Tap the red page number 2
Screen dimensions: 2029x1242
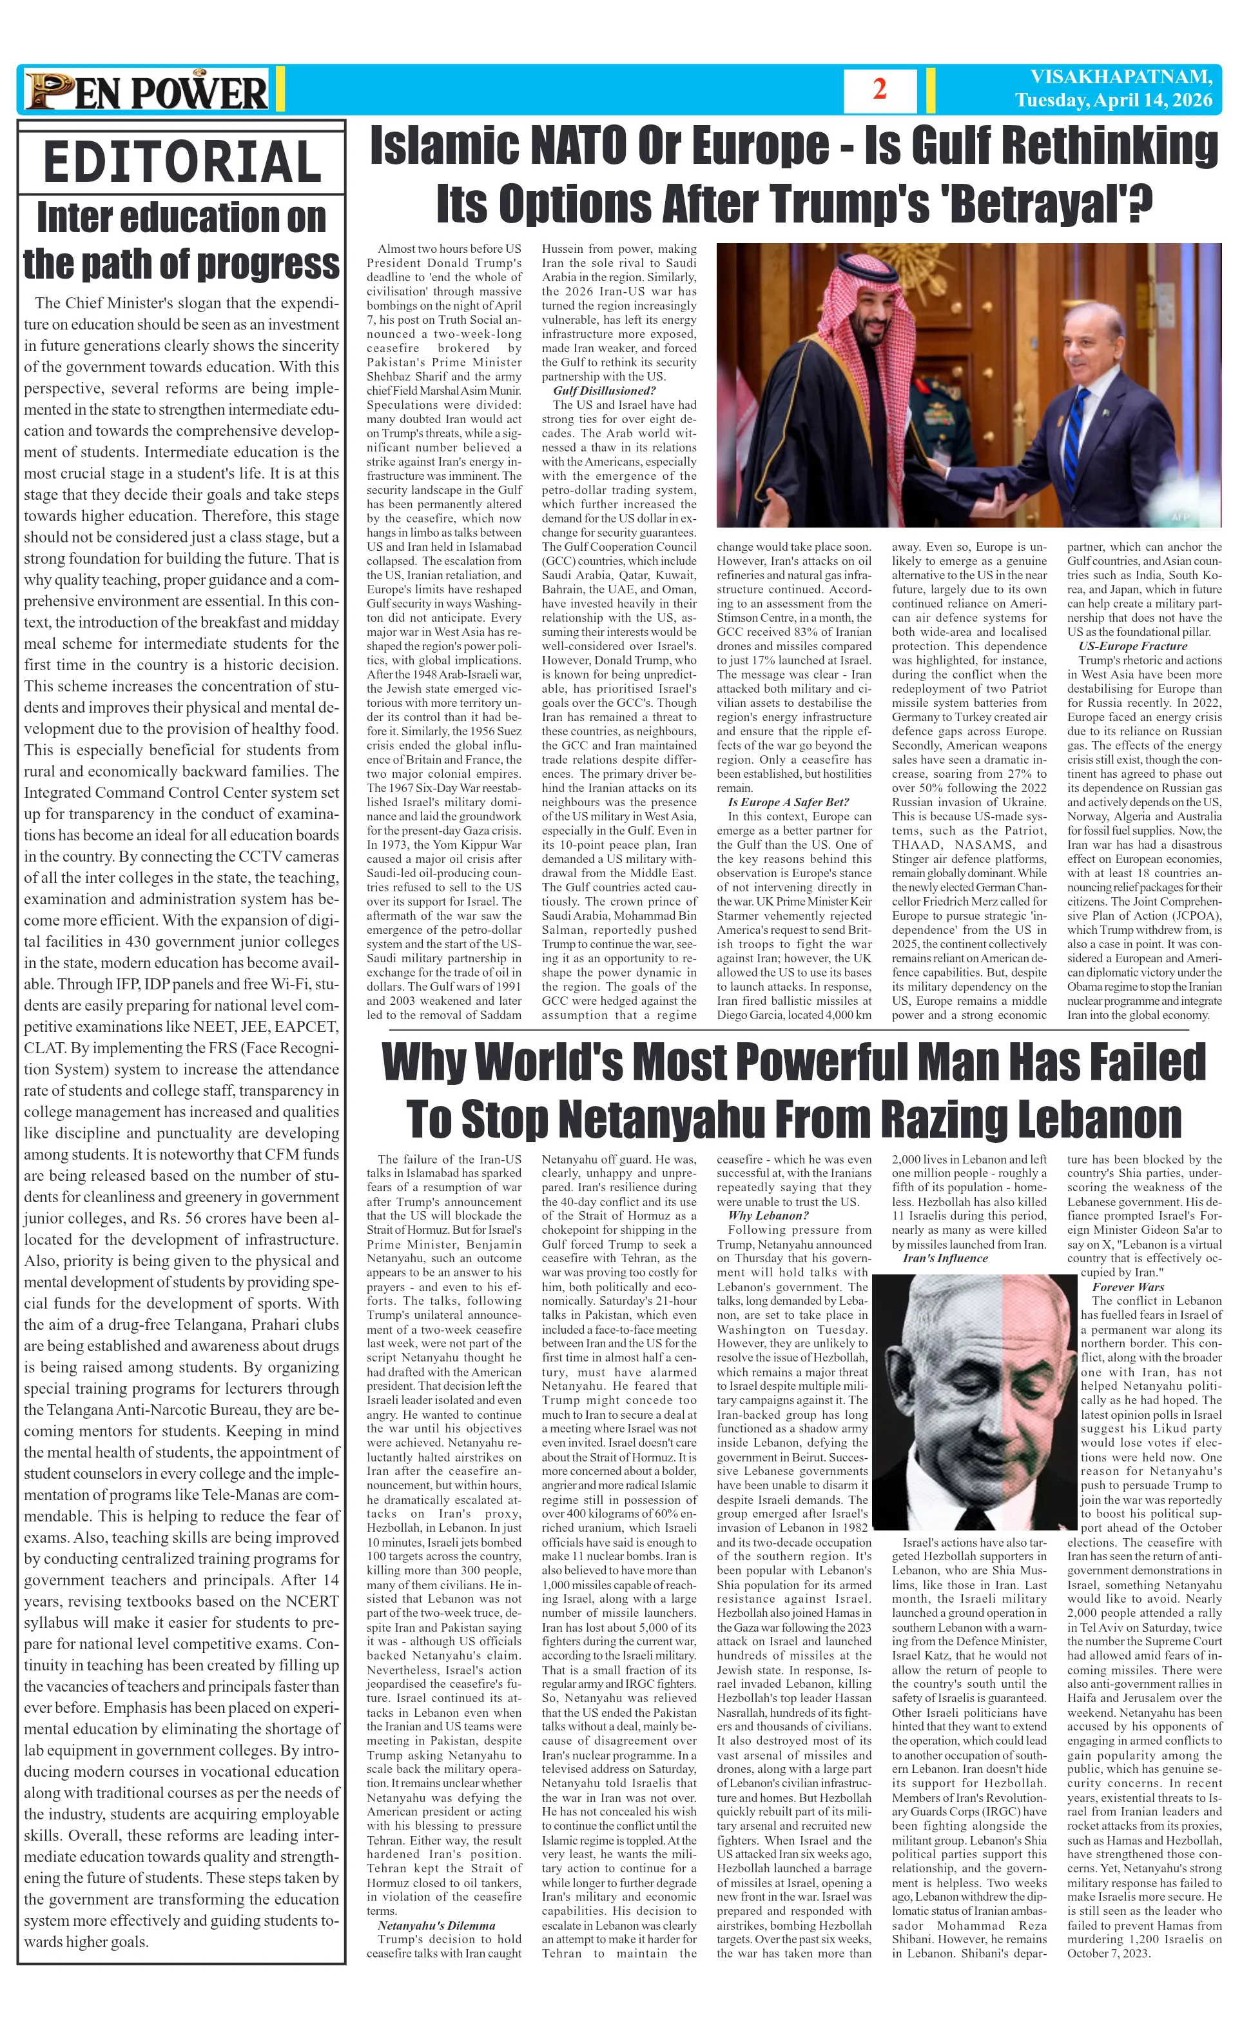(879, 90)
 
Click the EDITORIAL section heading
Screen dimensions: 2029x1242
(181, 161)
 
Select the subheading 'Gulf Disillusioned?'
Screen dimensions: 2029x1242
(604, 390)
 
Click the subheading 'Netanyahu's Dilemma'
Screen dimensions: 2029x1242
(436, 1925)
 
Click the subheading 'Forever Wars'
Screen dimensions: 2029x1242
(1127, 1286)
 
